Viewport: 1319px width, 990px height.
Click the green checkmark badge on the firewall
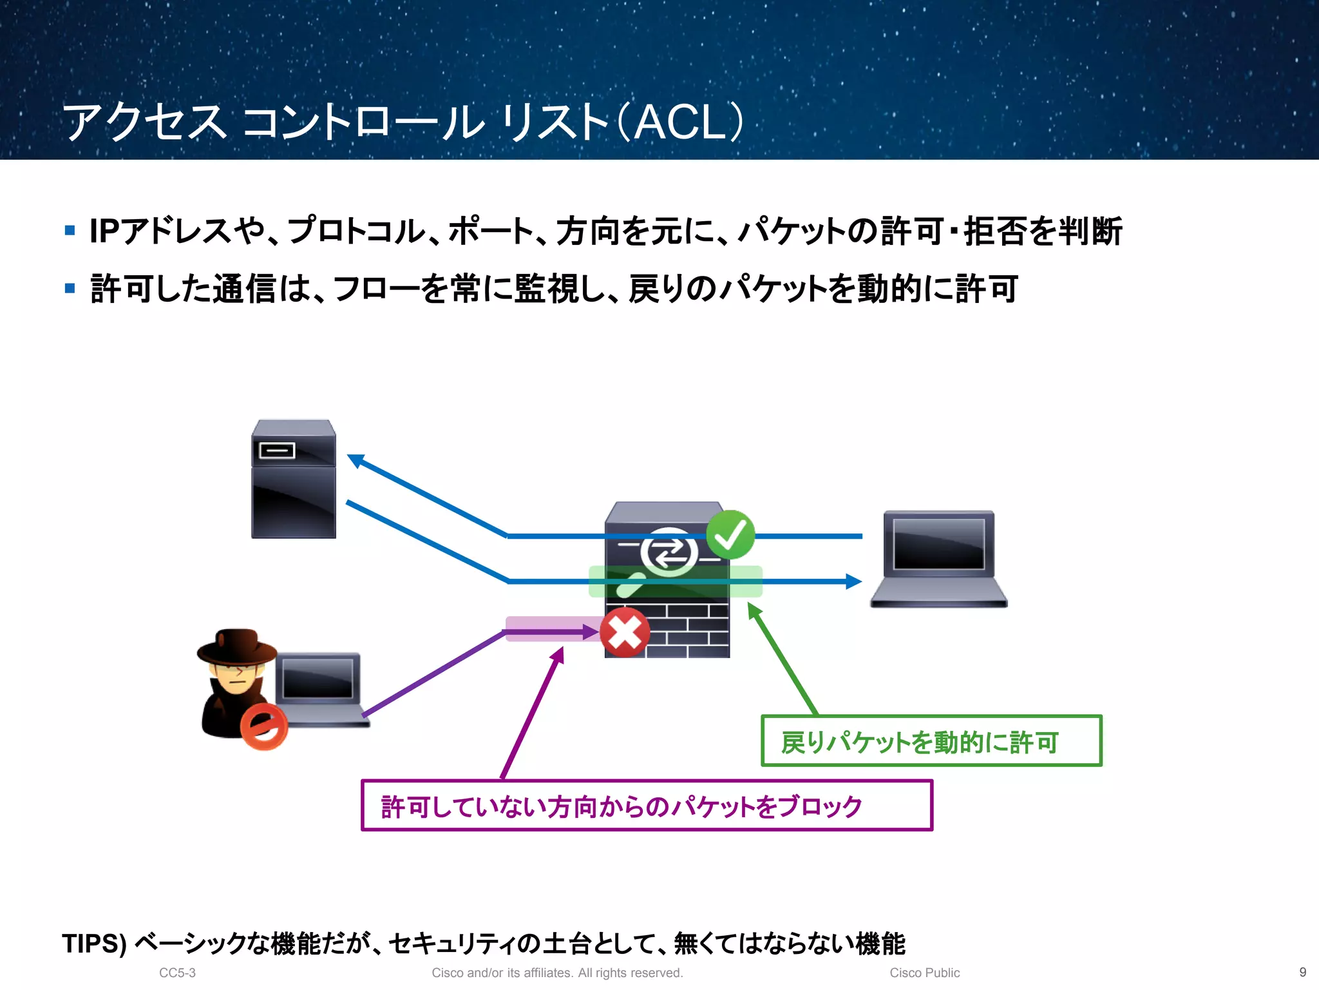pyautogui.click(x=730, y=534)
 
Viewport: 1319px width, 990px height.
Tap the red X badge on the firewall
pyautogui.click(x=624, y=632)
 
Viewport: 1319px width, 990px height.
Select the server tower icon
pyautogui.click(x=294, y=479)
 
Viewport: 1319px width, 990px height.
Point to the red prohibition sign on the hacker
pyautogui.click(x=263, y=727)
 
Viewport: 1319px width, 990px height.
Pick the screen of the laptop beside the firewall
pyautogui.click(x=938, y=543)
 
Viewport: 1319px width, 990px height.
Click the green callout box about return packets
pyautogui.click(x=931, y=741)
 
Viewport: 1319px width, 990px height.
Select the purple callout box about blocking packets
pyautogui.click(x=647, y=805)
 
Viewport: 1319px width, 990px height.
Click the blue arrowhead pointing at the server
pyautogui.click(x=355, y=460)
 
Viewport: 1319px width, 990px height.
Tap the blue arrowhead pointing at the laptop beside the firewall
pyautogui.click(x=853, y=581)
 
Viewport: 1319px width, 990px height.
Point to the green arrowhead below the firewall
pyautogui.click(x=754, y=610)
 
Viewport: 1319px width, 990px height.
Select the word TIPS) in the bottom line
pyautogui.click(x=94, y=944)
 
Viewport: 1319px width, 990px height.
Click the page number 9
pyautogui.click(x=1302, y=972)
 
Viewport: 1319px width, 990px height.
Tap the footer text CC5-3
pyautogui.click(x=177, y=973)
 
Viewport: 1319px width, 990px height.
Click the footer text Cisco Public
pyautogui.click(x=924, y=973)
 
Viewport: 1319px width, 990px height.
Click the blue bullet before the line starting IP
pyautogui.click(x=70, y=230)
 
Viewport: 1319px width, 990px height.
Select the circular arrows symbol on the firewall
pyautogui.click(x=669, y=552)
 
